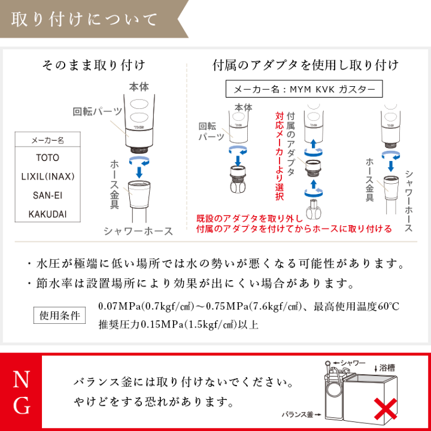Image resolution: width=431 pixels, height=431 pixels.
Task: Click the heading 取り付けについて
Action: [x=85, y=20]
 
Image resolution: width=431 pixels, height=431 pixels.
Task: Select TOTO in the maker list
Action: [x=47, y=158]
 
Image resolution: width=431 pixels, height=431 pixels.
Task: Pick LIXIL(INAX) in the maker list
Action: [x=47, y=177]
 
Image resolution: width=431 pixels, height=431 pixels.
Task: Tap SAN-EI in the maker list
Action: [x=47, y=195]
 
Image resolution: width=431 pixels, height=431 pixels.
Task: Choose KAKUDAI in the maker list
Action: [x=47, y=214]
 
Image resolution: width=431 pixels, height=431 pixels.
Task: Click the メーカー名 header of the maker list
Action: [x=47, y=141]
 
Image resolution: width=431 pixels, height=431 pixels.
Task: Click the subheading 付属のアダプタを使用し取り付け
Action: [x=305, y=65]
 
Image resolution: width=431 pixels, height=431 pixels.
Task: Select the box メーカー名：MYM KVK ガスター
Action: [x=303, y=90]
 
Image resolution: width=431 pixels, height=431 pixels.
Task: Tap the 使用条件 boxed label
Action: [x=60, y=315]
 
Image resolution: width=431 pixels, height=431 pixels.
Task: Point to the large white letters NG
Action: [x=21, y=392]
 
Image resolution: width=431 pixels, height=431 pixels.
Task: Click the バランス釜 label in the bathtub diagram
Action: [x=299, y=414]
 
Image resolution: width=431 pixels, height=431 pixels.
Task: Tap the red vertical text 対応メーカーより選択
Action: [x=280, y=156]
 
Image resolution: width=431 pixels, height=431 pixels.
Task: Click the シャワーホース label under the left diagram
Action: [x=138, y=230]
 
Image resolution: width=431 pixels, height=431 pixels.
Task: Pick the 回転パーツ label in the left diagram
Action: [x=98, y=111]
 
